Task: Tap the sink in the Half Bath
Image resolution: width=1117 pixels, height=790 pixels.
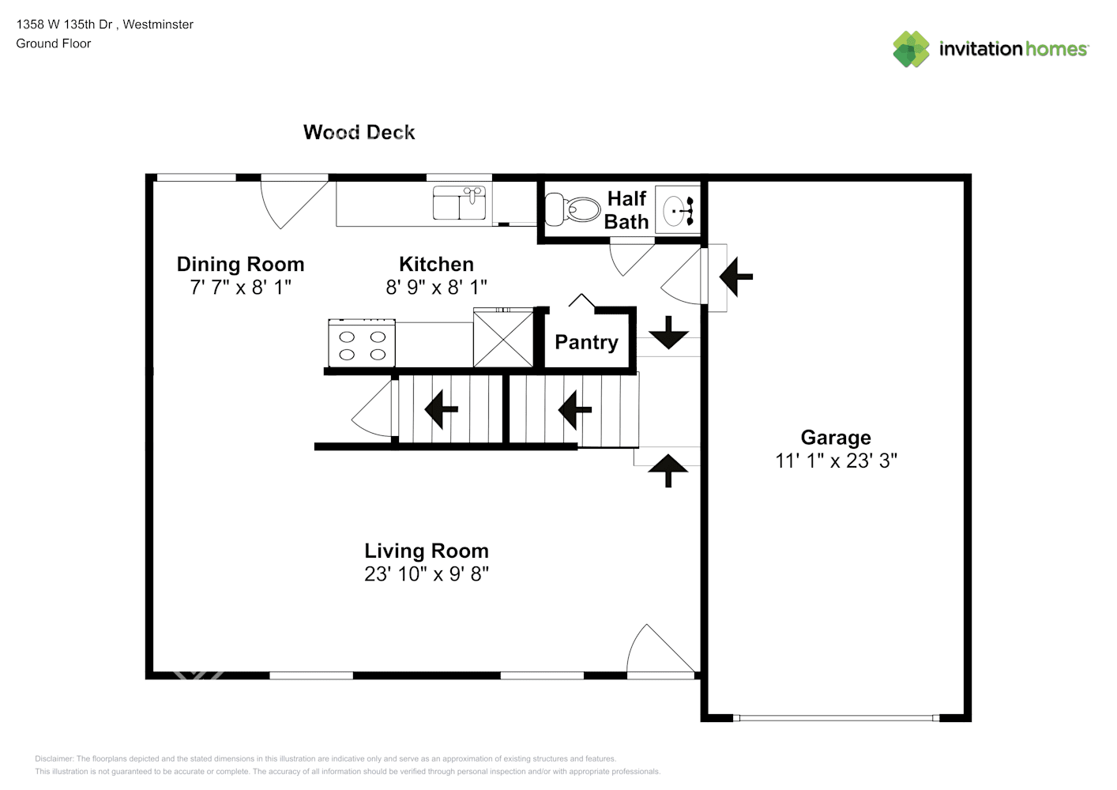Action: pyautogui.click(x=678, y=210)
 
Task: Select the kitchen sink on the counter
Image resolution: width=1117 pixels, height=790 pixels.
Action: pyautogui.click(x=459, y=203)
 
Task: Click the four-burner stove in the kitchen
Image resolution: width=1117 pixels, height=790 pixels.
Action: pyautogui.click(x=362, y=343)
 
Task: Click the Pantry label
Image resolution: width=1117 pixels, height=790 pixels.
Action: pyautogui.click(x=586, y=342)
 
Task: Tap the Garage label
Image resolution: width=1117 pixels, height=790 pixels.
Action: pyautogui.click(x=835, y=438)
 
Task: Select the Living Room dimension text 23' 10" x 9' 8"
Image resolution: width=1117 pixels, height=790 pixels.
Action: pyautogui.click(x=427, y=574)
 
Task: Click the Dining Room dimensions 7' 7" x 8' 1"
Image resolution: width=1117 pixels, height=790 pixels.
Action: pyautogui.click(x=240, y=288)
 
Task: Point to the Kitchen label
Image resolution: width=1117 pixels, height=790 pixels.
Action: pyautogui.click(x=436, y=264)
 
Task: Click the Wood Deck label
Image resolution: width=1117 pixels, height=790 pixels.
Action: pyautogui.click(x=359, y=132)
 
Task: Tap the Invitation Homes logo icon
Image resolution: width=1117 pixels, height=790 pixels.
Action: pyautogui.click(x=911, y=49)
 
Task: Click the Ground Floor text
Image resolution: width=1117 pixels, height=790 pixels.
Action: pyautogui.click(x=54, y=43)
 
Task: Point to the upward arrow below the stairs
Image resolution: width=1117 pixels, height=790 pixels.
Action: pyautogui.click(x=668, y=470)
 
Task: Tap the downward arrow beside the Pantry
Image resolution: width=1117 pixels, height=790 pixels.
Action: pyautogui.click(x=668, y=333)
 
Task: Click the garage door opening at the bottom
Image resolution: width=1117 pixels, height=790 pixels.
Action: pyautogui.click(x=835, y=718)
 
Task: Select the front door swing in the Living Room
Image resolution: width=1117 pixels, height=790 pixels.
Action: pyautogui.click(x=660, y=652)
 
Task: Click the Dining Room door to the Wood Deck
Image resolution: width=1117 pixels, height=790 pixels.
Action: pyautogui.click(x=294, y=199)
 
